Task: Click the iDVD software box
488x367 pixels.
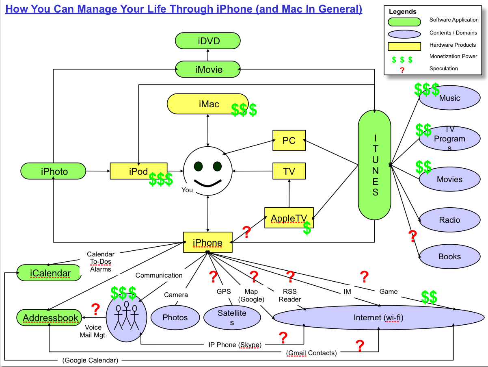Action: coord(207,41)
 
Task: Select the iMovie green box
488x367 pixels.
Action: coord(207,69)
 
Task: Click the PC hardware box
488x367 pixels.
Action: coord(289,141)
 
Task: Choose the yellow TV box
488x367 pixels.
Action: coord(289,171)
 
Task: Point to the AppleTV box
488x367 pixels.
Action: coord(289,218)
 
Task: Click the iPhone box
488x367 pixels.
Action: coord(207,242)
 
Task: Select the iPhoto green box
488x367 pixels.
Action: coord(54,171)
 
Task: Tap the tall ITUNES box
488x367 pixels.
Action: coord(375,165)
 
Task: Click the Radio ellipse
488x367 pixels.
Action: coord(449,220)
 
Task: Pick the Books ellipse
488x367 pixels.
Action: coord(449,256)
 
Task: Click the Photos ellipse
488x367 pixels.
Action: coord(175,317)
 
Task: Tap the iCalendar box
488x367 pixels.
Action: coord(49,273)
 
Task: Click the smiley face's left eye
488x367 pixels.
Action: coord(198,166)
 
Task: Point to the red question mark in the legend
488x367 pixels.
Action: coord(402,70)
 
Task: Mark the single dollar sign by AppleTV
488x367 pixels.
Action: coord(307,228)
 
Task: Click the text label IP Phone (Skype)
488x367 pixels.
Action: coord(233,345)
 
